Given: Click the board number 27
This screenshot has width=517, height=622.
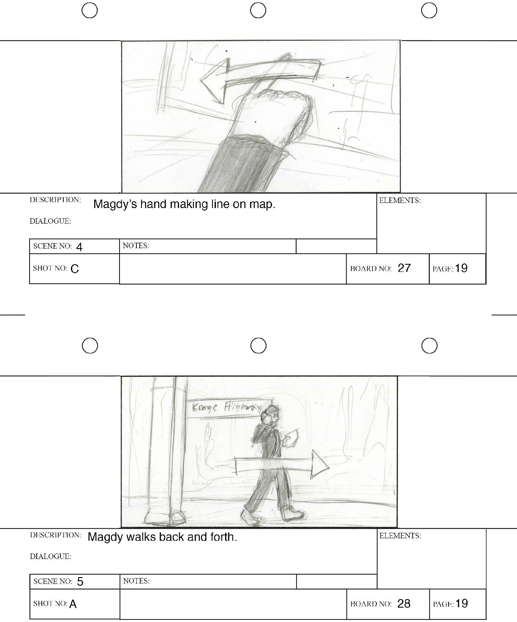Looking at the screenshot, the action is click(404, 268).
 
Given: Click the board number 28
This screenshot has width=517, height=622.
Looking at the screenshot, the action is click(404, 603).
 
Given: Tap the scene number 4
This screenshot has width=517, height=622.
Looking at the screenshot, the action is click(79, 247).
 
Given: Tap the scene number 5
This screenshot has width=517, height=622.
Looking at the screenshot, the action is click(80, 581).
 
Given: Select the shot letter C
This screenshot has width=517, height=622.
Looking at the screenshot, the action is click(75, 269).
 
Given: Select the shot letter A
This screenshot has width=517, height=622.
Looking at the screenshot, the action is click(73, 604).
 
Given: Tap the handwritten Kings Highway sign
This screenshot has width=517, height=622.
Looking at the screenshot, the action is click(228, 407).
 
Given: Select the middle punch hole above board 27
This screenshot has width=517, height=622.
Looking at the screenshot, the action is click(258, 11).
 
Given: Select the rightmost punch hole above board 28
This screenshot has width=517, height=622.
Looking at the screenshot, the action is click(430, 345).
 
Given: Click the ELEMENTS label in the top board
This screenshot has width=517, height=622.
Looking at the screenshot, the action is click(400, 200).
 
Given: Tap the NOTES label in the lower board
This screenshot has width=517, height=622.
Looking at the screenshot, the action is click(136, 581).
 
